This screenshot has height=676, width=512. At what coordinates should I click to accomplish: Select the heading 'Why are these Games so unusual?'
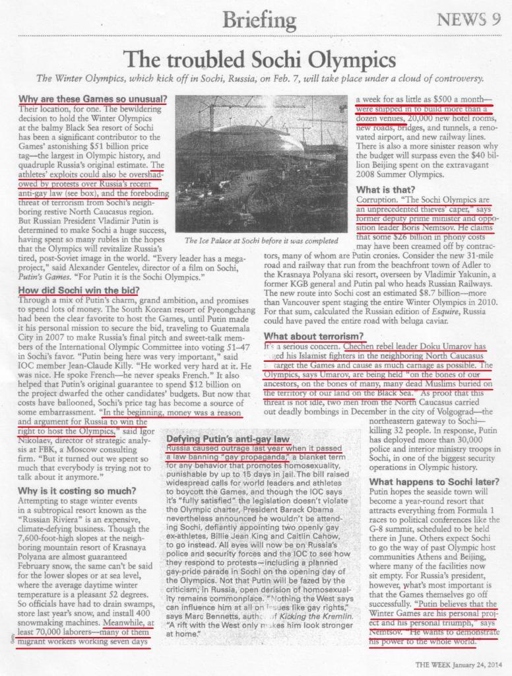[x=92, y=98]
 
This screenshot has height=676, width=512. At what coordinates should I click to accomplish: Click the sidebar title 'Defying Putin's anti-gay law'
[x=228, y=438]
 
